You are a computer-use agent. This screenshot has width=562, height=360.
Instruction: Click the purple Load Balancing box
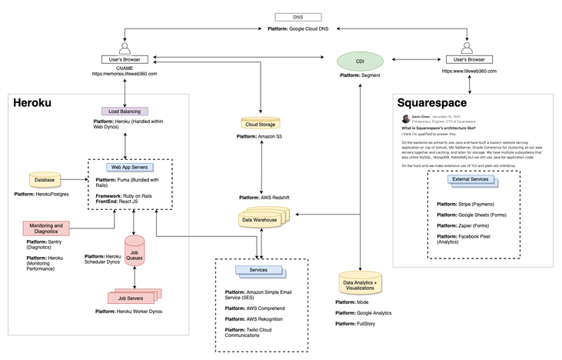(123, 112)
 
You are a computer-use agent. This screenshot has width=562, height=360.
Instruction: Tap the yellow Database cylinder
(45, 180)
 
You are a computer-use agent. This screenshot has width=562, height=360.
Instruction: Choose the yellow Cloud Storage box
(261, 122)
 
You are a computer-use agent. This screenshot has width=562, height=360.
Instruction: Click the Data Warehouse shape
(261, 220)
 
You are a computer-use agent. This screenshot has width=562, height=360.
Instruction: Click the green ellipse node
(360, 61)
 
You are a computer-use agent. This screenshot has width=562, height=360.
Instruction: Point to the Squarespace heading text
(432, 102)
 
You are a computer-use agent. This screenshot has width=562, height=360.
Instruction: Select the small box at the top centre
(290, 16)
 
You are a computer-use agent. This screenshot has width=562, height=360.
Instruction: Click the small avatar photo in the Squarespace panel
(405, 119)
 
